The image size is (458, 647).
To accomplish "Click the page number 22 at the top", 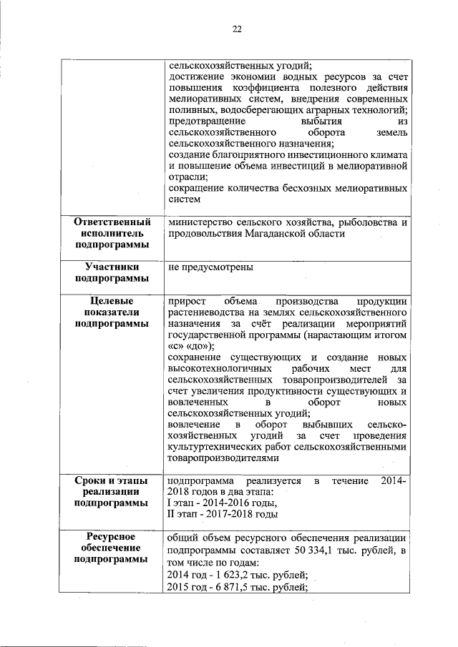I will tap(237, 29).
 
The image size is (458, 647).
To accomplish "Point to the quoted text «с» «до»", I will tap(189, 345).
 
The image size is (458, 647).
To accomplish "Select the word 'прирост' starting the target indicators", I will tap(185, 301).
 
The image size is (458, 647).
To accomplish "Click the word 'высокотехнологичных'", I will tap(215, 368).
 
